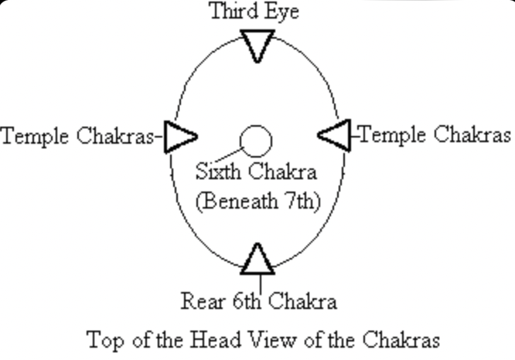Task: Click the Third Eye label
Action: (x=254, y=12)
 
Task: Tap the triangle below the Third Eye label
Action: (x=257, y=45)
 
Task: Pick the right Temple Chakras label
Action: (x=435, y=135)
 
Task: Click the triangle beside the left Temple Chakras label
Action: (x=181, y=137)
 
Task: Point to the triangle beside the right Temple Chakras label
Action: (x=334, y=135)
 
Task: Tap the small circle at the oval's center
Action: (x=256, y=141)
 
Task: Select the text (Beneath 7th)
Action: (x=257, y=201)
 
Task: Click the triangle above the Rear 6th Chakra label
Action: (x=257, y=260)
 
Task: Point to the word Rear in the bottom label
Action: (x=203, y=301)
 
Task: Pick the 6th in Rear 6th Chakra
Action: (x=247, y=301)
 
